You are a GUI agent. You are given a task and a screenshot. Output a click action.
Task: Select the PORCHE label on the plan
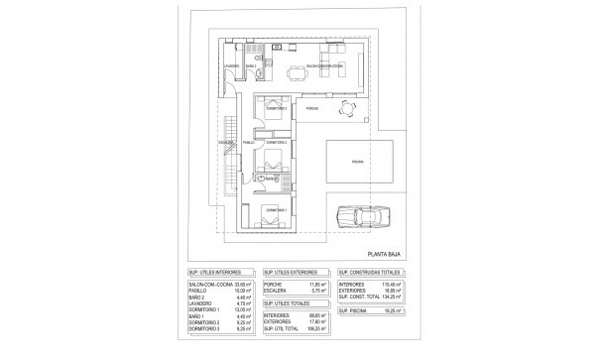[x=311, y=108]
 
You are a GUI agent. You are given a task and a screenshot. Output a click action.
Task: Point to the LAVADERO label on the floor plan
[x=233, y=65]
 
